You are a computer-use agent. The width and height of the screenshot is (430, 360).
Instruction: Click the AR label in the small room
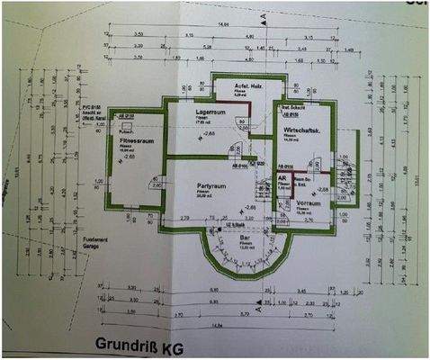tap(282, 178)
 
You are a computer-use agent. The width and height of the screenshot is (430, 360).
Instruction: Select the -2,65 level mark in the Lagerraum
tap(210, 133)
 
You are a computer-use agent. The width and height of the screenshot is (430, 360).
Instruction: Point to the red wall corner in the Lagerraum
tap(247, 104)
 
